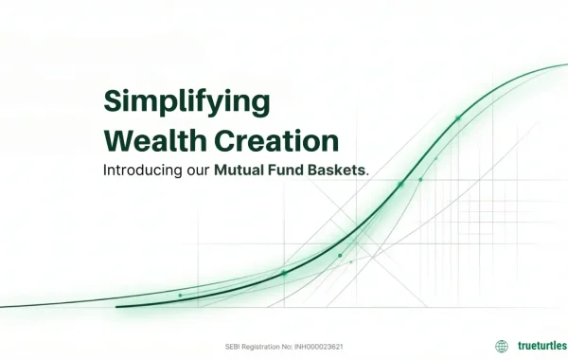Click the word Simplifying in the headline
coord(186,102)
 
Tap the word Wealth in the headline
coord(151,141)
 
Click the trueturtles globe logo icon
coord(502,346)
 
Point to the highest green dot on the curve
coord(457,118)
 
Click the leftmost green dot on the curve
coord(180,296)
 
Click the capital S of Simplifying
coord(111,102)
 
